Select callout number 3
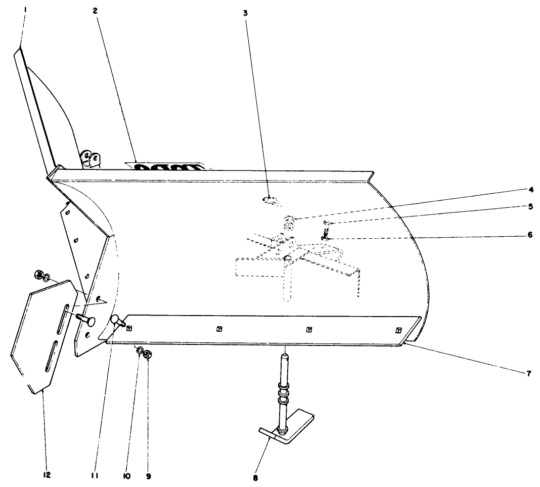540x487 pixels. pos(245,12)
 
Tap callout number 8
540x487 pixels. pos(255,477)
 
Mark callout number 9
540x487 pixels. pos(148,475)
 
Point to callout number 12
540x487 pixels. pos(47,475)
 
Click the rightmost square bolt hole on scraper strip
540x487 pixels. pos(398,330)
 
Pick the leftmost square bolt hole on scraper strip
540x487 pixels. pos(129,328)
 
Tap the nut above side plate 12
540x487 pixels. pos(37,275)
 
